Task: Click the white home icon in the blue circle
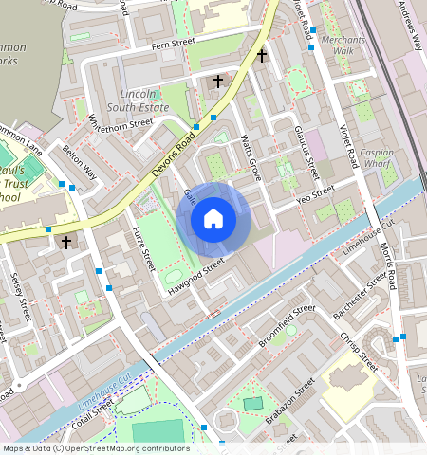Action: tap(213, 220)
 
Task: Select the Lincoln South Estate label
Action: tap(145, 100)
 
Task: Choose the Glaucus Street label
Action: tap(306, 152)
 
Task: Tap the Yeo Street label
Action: tap(316, 193)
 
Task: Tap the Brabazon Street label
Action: tap(291, 402)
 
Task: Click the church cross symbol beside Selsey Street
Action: tap(65, 243)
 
